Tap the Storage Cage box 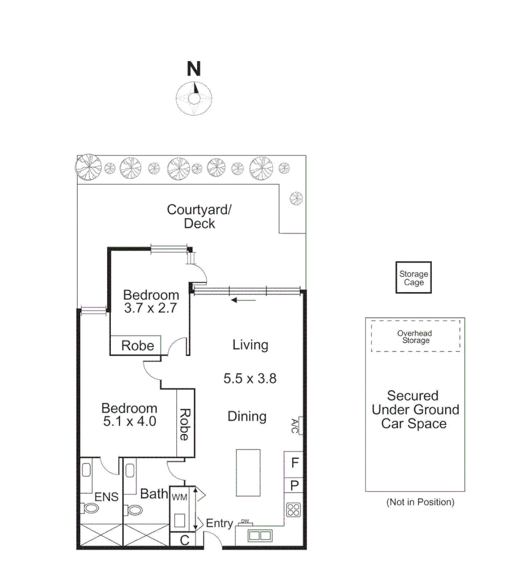414,278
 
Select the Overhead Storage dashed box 416,337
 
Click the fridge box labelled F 294,464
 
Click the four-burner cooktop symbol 294,510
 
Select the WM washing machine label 179,496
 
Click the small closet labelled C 184,540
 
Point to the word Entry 220,524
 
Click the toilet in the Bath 134,509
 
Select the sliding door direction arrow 242,300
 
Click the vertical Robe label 184,425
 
